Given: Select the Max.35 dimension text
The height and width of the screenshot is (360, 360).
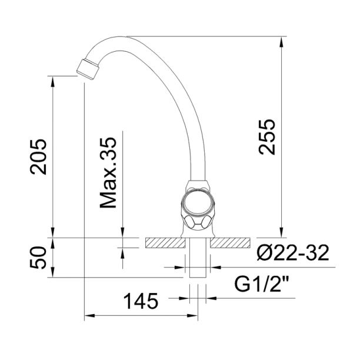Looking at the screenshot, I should coord(108,171).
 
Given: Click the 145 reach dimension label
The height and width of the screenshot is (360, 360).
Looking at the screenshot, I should coord(141,301).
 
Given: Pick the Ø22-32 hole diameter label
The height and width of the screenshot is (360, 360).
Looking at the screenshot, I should coord(292,254).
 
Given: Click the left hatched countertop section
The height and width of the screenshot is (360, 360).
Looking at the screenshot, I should coord(164,242).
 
